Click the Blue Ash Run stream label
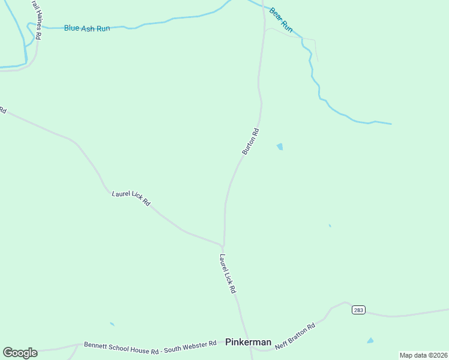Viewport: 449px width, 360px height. [x=87, y=28]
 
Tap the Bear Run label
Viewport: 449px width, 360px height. [x=280, y=20]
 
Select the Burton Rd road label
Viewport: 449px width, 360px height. [x=250, y=142]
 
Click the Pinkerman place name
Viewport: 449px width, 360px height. [x=248, y=342]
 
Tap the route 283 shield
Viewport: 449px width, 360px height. [x=358, y=310]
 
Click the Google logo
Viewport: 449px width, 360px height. [x=20, y=353]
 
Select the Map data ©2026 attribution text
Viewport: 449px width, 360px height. [x=423, y=355]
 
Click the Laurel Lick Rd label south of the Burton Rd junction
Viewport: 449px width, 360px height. [x=228, y=274]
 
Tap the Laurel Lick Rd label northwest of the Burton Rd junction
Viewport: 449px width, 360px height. [x=131, y=198]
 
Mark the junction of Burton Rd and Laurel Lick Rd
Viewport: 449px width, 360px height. [x=223, y=245]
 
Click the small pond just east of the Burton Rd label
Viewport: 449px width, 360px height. [x=280, y=146]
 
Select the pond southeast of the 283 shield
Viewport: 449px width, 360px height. [x=370, y=341]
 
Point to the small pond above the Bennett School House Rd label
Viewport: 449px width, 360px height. [x=112, y=324]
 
